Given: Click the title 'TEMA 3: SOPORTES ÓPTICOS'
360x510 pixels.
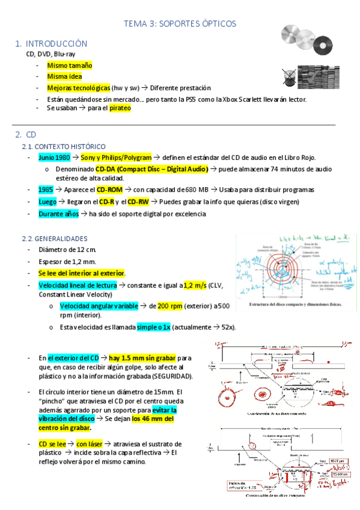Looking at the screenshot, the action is tap(180, 23).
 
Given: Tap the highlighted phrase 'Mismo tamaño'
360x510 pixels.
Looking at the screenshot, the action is tap(70, 65).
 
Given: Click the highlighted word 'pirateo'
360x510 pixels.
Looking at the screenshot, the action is tap(120, 108).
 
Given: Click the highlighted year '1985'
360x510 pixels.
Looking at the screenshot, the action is tap(46, 189).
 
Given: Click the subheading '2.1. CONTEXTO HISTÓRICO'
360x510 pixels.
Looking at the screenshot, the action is tap(63, 146).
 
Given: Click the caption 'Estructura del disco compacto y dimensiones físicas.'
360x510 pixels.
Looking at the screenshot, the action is tap(294, 305).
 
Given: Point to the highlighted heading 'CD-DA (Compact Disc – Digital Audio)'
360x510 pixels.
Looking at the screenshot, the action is tap(151, 169).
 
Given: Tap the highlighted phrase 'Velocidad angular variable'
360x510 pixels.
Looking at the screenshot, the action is tap(99, 306).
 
